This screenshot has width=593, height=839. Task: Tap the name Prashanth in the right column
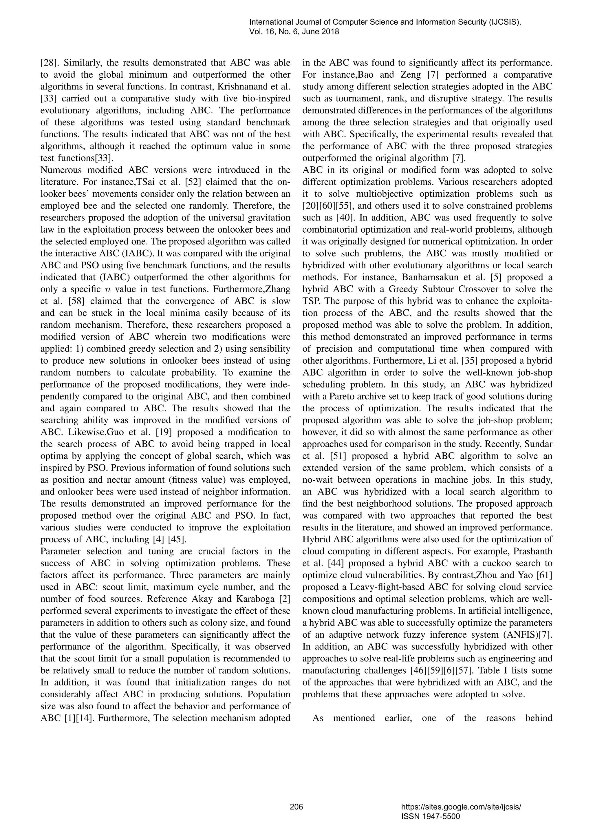pos(531,551)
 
